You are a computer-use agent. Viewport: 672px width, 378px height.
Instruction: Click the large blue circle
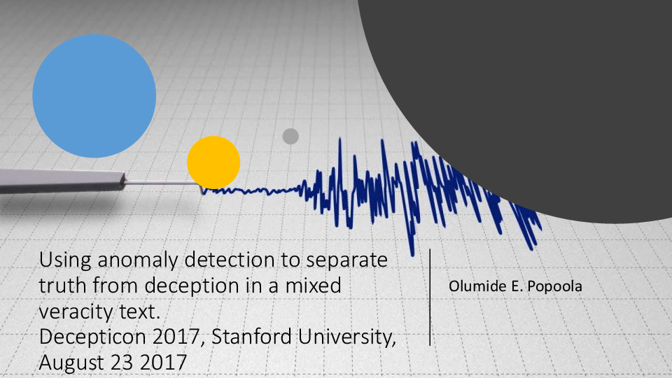tap(94, 96)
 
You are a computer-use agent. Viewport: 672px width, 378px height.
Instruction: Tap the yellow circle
tap(213, 162)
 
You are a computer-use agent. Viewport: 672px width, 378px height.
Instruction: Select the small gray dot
tap(290, 136)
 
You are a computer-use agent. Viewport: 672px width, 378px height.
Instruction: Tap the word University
tap(350, 337)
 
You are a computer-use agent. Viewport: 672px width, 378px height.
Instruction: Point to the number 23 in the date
tap(124, 362)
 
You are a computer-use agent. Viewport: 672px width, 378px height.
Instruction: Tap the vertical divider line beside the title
tap(430, 297)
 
